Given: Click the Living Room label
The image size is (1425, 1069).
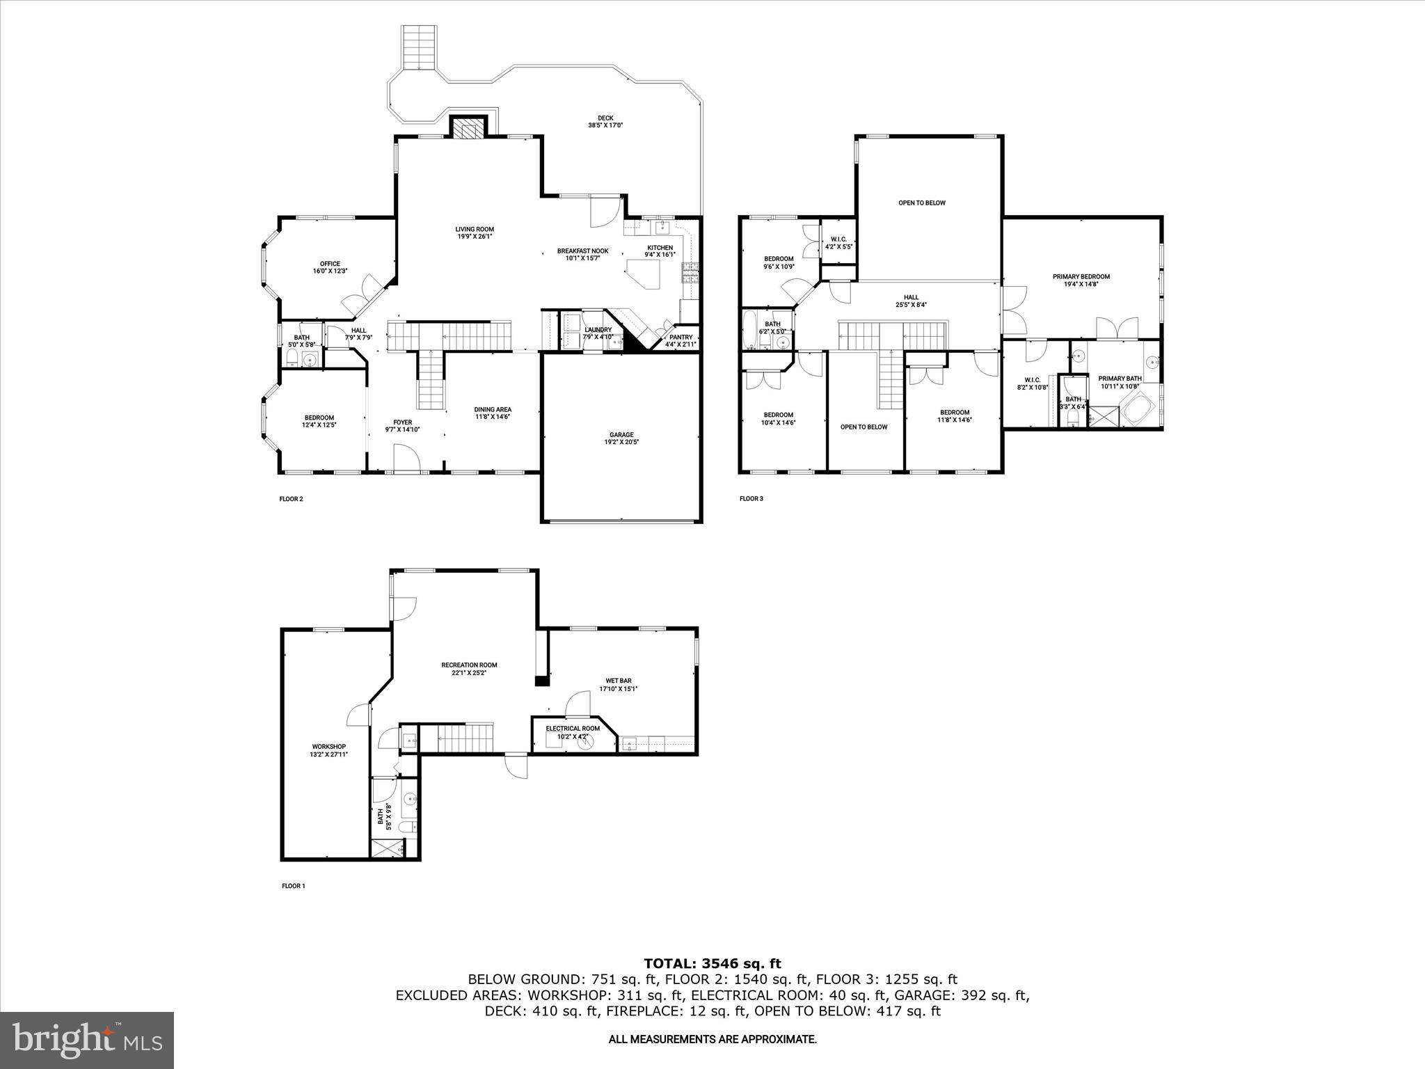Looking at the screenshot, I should coord(475,229).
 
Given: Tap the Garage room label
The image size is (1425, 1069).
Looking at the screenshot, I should coord(622,435).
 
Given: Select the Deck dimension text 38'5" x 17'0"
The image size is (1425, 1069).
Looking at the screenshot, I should coord(605,126).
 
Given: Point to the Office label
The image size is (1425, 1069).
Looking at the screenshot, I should coord(330,264).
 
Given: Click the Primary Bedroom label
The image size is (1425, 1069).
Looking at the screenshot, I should coord(1081,276).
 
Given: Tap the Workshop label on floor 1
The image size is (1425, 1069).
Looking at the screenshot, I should coord(328,747).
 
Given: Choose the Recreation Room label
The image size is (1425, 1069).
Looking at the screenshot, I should coord(469,665).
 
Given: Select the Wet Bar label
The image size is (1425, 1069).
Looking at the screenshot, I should coord(618,681).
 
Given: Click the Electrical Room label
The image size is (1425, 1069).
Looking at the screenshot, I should coord(572,729).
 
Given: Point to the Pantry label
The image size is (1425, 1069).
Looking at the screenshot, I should coord(680,338).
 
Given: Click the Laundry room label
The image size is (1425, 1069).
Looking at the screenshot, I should coord(598,330).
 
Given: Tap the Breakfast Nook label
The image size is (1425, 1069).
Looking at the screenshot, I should coord(582,251).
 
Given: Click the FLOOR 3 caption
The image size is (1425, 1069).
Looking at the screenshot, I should coord(751,498).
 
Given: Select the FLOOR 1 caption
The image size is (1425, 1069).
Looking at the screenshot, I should coord(293,886).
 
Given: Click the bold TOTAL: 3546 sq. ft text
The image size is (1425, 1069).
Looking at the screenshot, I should coord(712,964).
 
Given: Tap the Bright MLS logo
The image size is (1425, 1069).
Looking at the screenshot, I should coord(87,1040).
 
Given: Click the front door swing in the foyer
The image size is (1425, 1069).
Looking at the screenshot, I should coord(405,459).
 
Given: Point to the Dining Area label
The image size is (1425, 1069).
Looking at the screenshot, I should coord(493,409).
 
